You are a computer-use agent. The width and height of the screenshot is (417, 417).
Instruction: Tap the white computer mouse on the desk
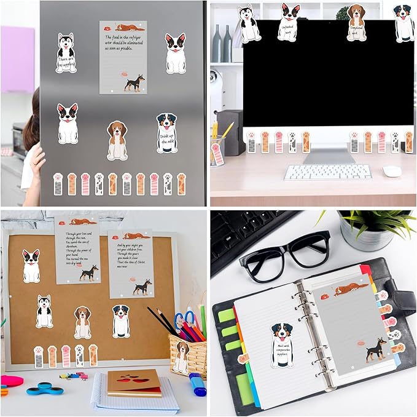click(x=391, y=171)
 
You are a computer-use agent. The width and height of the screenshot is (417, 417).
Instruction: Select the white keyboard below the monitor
click(x=327, y=172)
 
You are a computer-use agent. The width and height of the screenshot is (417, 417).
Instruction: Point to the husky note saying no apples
click(x=66, y=54)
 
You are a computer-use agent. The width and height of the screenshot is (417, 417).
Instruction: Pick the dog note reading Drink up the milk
click(x=166, y=133)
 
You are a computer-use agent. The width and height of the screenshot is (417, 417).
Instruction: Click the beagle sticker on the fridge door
click(x=117, y=140)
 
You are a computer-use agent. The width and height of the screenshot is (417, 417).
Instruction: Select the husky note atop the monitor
click(x=249, y=23)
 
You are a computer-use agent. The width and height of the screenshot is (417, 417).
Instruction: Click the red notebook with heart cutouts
click(x=134, y=383)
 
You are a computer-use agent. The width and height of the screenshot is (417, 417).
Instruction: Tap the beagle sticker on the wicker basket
click(x=181, y=357)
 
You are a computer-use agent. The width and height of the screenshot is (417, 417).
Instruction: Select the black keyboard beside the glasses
click(x=249, y=234)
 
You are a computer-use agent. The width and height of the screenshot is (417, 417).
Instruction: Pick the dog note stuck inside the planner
click(x=282, y=345)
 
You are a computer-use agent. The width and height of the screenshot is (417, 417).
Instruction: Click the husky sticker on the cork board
click(x=44, y=311)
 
